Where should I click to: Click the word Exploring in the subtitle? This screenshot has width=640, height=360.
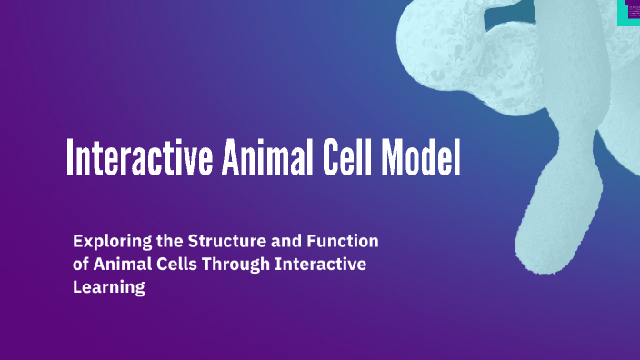point(110,242)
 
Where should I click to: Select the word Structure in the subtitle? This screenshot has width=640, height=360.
point(223,242)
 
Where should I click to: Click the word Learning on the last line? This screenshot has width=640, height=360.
point(109,287)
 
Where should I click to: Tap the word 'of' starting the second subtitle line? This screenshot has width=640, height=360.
point(81,265)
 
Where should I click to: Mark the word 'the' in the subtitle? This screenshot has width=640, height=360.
point(165,242)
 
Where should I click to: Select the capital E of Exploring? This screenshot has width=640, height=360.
point(78,242)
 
